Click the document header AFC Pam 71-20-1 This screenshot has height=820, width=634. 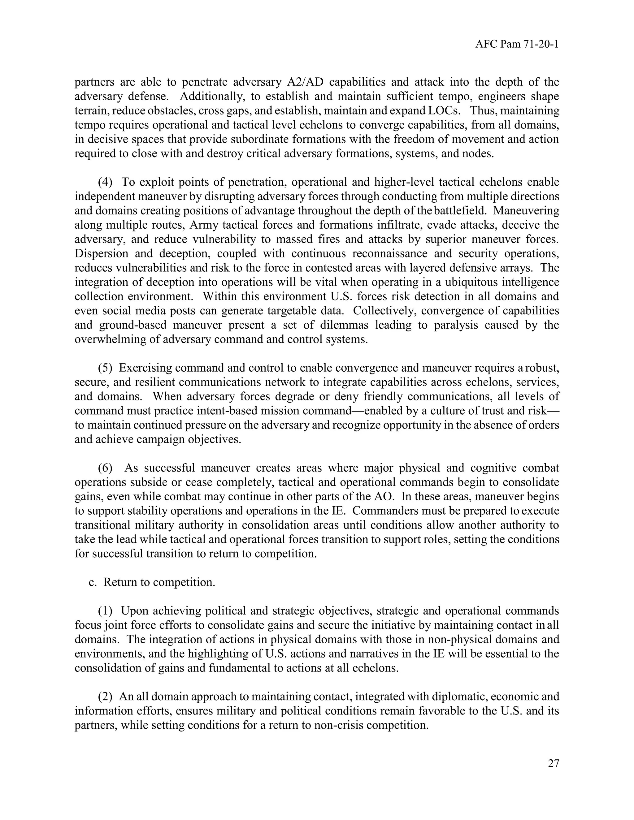coord(517,45)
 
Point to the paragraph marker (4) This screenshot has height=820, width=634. coord(105,183)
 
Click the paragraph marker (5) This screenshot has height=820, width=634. coord(105,368)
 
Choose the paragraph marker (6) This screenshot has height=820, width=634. coord(105,468)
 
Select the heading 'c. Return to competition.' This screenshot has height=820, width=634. coord(152,582)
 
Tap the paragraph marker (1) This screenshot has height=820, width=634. coord(105,611)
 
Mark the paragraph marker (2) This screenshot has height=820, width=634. coord(105,697)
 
